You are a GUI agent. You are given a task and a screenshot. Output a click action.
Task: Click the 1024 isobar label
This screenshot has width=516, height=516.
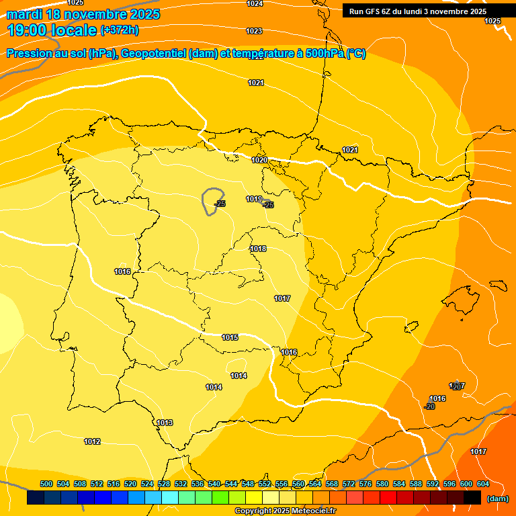coord(255,4)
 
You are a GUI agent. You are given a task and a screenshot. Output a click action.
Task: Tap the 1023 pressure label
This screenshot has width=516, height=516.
coord(254,32)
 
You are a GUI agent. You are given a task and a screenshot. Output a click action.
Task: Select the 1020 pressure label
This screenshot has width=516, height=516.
coord(259,160)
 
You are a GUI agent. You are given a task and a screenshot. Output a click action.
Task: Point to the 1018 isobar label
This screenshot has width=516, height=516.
coord(258,249)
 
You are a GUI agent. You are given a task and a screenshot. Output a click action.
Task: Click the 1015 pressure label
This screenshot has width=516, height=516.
coord(230,337)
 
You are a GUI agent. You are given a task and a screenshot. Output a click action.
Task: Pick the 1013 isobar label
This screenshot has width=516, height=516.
coord(165,423)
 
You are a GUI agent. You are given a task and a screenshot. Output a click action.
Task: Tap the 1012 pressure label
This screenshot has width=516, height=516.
coord(92,441)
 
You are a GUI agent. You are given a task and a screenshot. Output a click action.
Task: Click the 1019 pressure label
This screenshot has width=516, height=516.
coord(253,199)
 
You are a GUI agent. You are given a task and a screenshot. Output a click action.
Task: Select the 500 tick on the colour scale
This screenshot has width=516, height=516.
coord(46,484)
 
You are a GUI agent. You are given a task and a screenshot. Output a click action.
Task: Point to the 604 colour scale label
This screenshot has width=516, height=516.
coord(483,484)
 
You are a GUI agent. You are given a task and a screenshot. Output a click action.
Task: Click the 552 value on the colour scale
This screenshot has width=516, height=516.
coord(265,484)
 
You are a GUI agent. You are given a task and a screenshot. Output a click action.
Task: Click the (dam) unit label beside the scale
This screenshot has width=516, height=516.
coord(498,499)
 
